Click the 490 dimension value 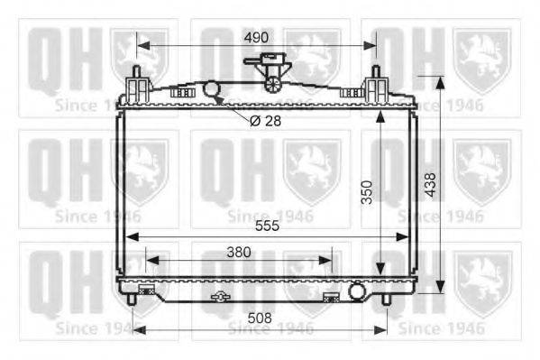(256, 37)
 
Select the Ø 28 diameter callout (265, 121)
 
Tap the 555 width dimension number (267, 226)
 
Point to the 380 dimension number (239, 253)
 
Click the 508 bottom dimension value (260, 318)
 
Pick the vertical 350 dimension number (368, 192)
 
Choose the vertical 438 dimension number (431, 185)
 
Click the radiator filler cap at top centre (269, 72)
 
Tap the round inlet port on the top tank (211, 88)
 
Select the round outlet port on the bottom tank (357, 291)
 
